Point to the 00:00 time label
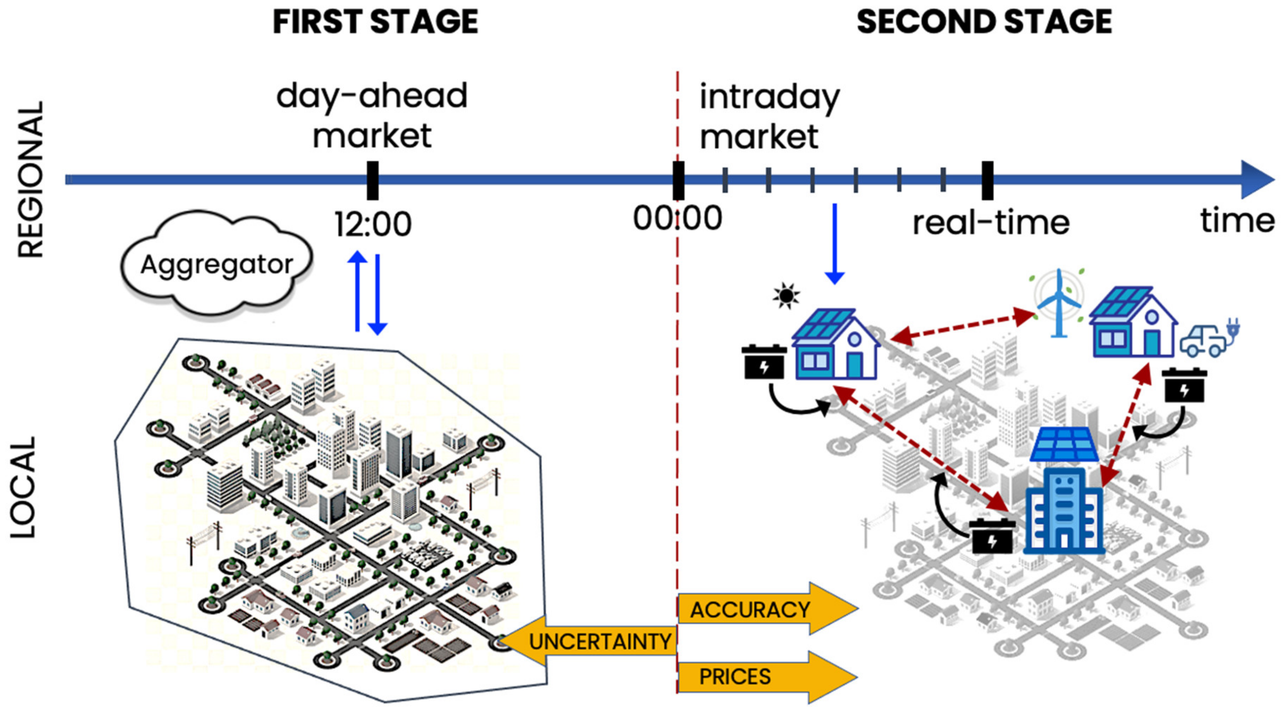pos(677,218)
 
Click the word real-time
pos(990,223)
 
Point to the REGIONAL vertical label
pos(31,179)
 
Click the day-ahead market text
pos(372,116)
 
